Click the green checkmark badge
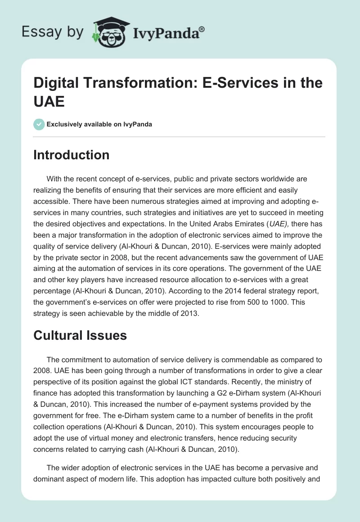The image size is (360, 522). [39, 124]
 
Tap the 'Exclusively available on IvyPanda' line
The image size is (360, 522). [99, 124]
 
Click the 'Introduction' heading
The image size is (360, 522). [71, 155]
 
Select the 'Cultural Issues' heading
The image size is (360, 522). [80, 335]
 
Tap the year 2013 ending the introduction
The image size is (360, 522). [189, 313]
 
